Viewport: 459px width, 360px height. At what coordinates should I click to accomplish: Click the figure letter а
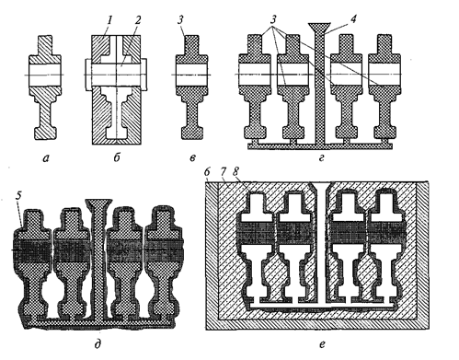tap(46, 158)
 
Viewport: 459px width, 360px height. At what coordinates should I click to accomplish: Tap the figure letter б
tap(117, 157)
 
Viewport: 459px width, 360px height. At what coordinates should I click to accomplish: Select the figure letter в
tap(192, 157)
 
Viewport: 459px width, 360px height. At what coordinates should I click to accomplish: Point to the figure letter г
tap(321, 158)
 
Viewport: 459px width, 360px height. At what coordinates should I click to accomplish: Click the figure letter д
tap(98, 344)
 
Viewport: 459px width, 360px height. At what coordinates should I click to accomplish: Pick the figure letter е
tap(322, 344)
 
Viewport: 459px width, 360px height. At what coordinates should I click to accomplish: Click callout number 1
tap(109, 20)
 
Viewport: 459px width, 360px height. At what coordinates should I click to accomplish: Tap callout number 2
tap(138, 20)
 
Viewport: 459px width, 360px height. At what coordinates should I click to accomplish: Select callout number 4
tap(353, 19)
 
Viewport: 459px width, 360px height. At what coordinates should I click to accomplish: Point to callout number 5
tap(18, 197)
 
